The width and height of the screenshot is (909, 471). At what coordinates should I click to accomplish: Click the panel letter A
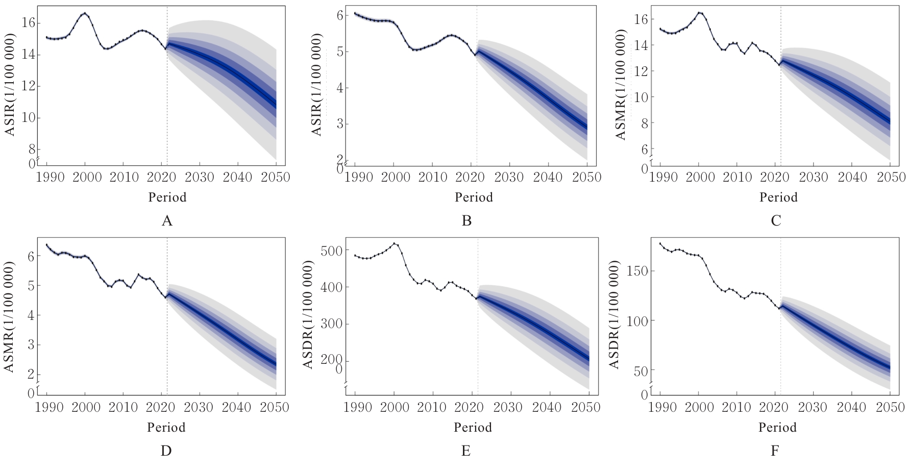(167, 220)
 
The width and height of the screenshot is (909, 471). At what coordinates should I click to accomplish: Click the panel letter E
(465, 451)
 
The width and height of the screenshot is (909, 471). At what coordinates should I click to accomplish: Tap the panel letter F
(775, 451)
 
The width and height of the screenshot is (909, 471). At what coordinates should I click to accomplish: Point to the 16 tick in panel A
(29, 23)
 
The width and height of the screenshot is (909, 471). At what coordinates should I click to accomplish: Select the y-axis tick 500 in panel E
(330, 251)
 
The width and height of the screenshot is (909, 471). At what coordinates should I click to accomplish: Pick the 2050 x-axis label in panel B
(587, 177)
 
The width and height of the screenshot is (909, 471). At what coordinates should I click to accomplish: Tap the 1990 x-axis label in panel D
(50, 407)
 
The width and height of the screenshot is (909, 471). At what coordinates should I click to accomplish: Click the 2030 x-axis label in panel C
(813, 177)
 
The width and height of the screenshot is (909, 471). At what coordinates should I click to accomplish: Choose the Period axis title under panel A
(167, 197)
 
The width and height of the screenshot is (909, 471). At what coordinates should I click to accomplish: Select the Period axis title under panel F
(777, 428)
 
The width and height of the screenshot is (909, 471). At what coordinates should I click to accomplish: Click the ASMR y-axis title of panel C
(621, 84)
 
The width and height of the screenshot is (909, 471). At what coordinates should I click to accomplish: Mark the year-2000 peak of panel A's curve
(85, 13)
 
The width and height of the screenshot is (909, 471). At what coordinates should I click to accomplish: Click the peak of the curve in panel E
(395, 243)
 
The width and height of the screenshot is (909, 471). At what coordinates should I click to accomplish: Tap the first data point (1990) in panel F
(660, 243)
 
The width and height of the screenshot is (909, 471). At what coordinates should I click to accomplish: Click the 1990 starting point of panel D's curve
(47, 244)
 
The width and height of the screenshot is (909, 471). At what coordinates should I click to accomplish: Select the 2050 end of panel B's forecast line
(587, 127)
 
